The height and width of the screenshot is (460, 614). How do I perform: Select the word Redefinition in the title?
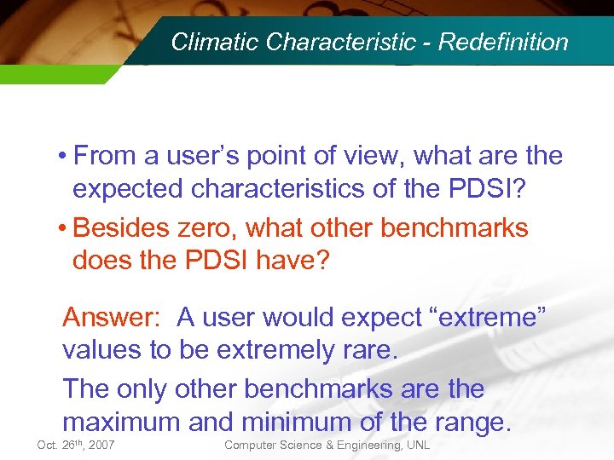(503, 42)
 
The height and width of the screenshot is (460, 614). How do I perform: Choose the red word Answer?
(112, 317)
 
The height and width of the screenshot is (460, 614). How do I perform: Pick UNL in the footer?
(417, 446)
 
